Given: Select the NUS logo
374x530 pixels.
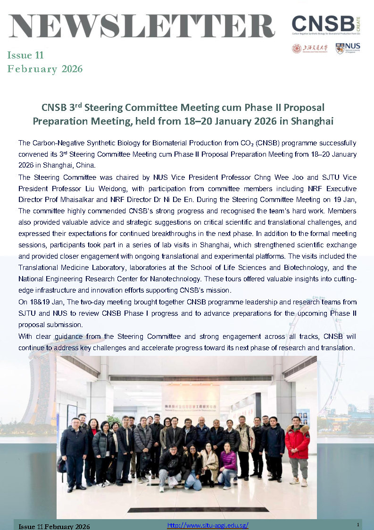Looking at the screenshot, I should coord(348,48).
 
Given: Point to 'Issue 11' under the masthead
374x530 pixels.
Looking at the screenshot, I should coord(25,55).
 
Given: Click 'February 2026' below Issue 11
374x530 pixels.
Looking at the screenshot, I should coord(45,69).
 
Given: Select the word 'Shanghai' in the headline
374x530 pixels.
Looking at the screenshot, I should coord(312,121).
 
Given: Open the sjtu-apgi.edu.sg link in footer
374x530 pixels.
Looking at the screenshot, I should coord(208,525).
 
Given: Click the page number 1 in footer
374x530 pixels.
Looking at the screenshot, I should coord(358,525).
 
